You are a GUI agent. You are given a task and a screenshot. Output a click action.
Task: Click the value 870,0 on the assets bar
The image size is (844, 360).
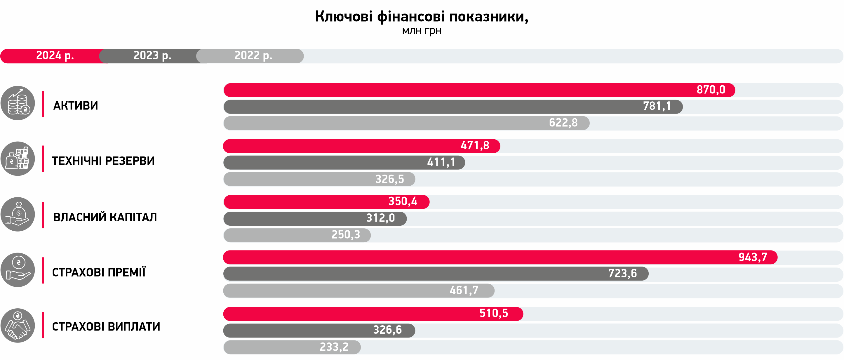711,90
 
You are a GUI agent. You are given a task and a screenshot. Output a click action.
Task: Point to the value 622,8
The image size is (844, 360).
563,123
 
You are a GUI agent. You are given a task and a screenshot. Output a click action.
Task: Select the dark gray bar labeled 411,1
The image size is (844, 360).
344,162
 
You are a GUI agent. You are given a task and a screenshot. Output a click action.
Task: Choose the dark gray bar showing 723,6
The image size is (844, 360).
436,274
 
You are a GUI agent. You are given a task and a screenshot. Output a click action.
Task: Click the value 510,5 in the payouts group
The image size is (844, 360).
493,314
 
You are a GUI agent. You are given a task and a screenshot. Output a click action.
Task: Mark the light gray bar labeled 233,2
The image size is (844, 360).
292,347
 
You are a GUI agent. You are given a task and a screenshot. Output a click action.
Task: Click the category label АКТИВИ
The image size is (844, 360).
75,105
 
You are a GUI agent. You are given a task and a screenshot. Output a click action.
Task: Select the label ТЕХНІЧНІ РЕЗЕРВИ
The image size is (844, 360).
103,161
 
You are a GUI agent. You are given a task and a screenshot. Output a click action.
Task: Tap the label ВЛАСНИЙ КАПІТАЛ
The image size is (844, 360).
105,217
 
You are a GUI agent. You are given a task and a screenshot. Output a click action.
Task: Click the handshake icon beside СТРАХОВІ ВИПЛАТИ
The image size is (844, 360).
18,326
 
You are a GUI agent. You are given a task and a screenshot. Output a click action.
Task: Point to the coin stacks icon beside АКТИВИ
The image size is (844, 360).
18,103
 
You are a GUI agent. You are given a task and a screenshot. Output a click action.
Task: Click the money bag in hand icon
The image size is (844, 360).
18,214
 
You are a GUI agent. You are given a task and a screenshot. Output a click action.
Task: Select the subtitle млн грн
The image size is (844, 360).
421,30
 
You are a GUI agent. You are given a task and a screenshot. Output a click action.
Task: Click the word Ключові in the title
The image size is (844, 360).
343,16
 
